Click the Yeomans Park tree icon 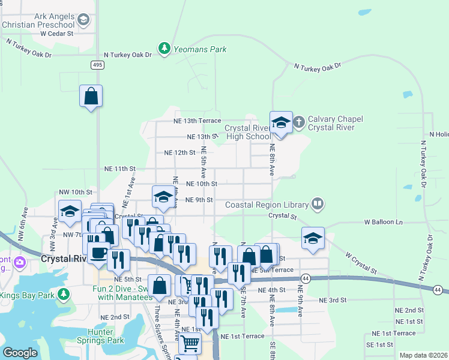pos(163,48)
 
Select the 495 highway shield pos(98,65)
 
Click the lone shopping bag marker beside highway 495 pos(91,96)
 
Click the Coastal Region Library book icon pos(318,204)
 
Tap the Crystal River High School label pos(249,132)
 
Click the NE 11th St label pos(121,169)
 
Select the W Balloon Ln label pos(384,222)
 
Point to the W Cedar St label pos(56,34)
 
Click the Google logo pos(20,353)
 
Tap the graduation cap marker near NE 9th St pos(163,196)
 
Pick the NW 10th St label pos(75,192)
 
